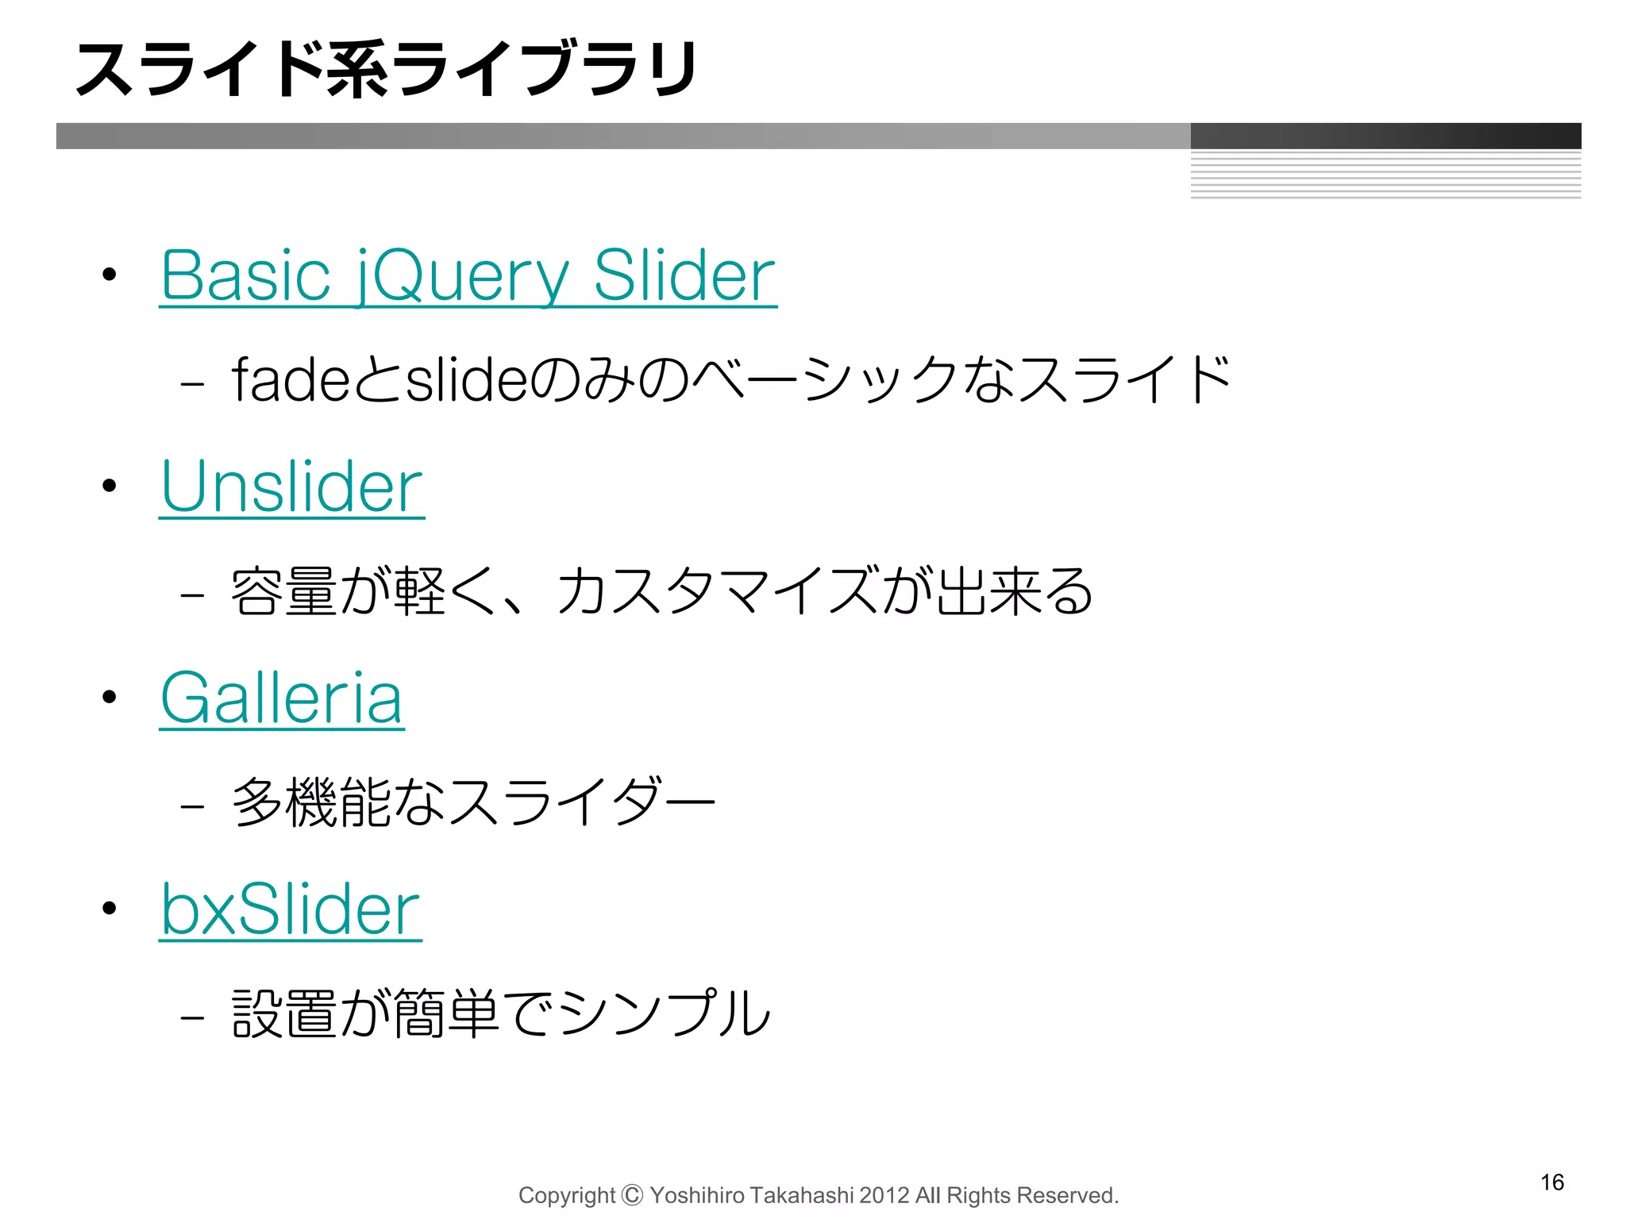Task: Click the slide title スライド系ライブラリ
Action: tap(387, 70)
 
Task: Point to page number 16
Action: tap(1552, 1182)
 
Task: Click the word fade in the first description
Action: tap(291, 379)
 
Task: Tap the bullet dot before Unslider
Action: tap(110, 486)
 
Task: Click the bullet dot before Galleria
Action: tap(110, 698)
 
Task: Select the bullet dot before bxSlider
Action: tap(110, 909)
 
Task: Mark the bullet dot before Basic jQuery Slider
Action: tap(110, 275)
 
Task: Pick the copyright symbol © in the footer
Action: tap(632, 1194)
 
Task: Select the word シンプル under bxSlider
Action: tap(664, 1013)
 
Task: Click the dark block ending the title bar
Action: tap(1385, 136)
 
